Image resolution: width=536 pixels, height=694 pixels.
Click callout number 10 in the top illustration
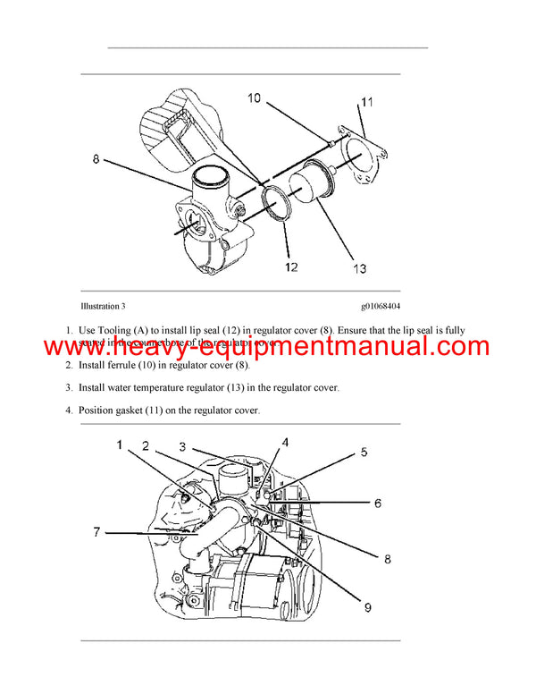[255, 98]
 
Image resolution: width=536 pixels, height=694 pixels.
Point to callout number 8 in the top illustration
[96, 159]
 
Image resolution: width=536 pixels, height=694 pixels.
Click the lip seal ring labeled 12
[279, 202]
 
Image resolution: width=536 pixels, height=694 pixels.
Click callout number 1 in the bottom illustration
[118, 444]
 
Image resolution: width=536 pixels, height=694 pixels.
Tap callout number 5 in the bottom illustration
[363, 453]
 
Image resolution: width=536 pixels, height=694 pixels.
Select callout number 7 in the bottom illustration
[96, 532]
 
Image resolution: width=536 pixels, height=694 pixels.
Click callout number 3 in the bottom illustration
[181, 446]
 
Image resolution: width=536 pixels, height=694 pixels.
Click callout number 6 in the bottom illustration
[377, 504]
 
